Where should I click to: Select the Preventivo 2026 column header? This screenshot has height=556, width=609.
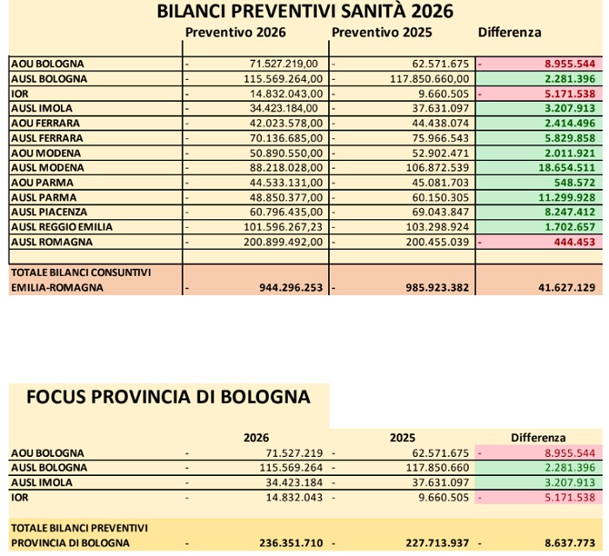[x=235, y=32]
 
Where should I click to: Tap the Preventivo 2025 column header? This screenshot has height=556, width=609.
[x=383, y=32]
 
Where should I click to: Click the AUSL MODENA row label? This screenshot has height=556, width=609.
[x=48, y=167]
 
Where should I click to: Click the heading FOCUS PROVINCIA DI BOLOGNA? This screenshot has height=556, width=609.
[x=168, y=397]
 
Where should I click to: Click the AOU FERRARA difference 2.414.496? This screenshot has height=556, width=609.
[x=570, y=123]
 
